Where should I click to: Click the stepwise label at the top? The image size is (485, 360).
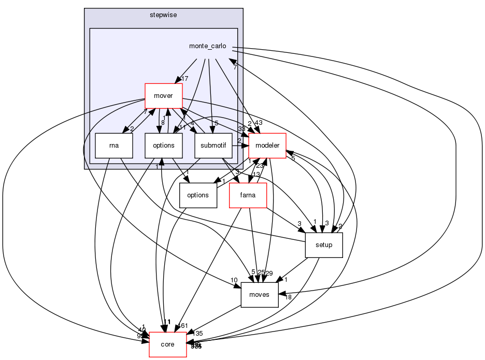point(163,15)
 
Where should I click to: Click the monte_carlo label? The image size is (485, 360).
point(207,46)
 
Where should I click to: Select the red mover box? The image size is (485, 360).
point(164,96)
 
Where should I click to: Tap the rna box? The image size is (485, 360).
point(114,146)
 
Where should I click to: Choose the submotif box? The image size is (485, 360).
point(213,146)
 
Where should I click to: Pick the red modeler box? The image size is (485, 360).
point(267,146)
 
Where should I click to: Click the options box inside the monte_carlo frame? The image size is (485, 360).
point(164,146)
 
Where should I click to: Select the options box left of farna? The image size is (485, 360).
point(198,195)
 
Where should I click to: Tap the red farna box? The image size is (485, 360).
point(248,195)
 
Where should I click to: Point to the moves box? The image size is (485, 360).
point(260,295)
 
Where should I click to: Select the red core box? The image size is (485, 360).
point(168,344)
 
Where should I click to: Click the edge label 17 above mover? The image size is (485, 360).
point(184,78)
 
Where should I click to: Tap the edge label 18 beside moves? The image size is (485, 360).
point(289,297)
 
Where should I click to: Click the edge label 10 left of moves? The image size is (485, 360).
point(234,280)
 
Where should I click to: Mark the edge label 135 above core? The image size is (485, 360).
point(197,334)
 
